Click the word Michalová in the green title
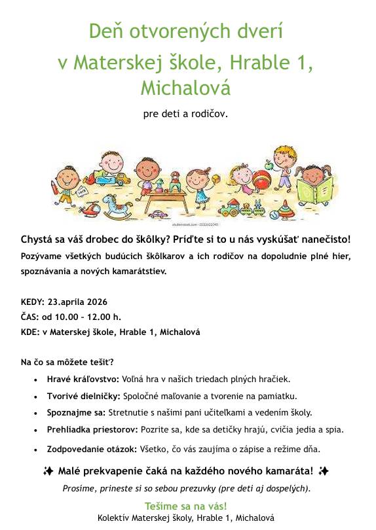pos(185,88)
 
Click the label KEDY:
pos(31,302)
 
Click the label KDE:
pos(30,332)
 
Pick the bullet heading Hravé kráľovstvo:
pos(83,379)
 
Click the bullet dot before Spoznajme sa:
pos(35,414)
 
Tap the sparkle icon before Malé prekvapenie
pos(48,471)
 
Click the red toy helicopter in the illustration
pos(92,209)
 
